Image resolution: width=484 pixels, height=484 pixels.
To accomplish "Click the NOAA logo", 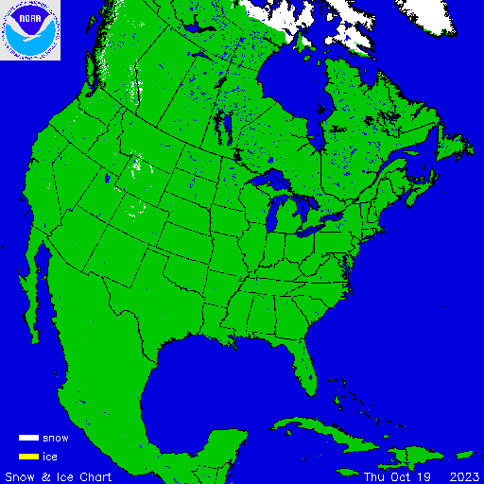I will (31, 30).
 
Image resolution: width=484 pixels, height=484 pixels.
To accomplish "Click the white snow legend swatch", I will (28, 439).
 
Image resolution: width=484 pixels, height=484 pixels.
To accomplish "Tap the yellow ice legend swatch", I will (28, 457).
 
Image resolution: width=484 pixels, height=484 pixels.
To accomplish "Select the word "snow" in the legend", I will (55, 439).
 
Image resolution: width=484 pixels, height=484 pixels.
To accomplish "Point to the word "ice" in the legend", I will (50, 457).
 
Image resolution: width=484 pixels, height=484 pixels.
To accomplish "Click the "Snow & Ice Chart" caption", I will (59, 475).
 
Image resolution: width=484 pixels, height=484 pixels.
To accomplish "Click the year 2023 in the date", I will (463, 475).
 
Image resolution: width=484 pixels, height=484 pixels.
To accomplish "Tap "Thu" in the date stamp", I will (376, 475).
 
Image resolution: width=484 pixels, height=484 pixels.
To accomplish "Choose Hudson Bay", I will (284, 90).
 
